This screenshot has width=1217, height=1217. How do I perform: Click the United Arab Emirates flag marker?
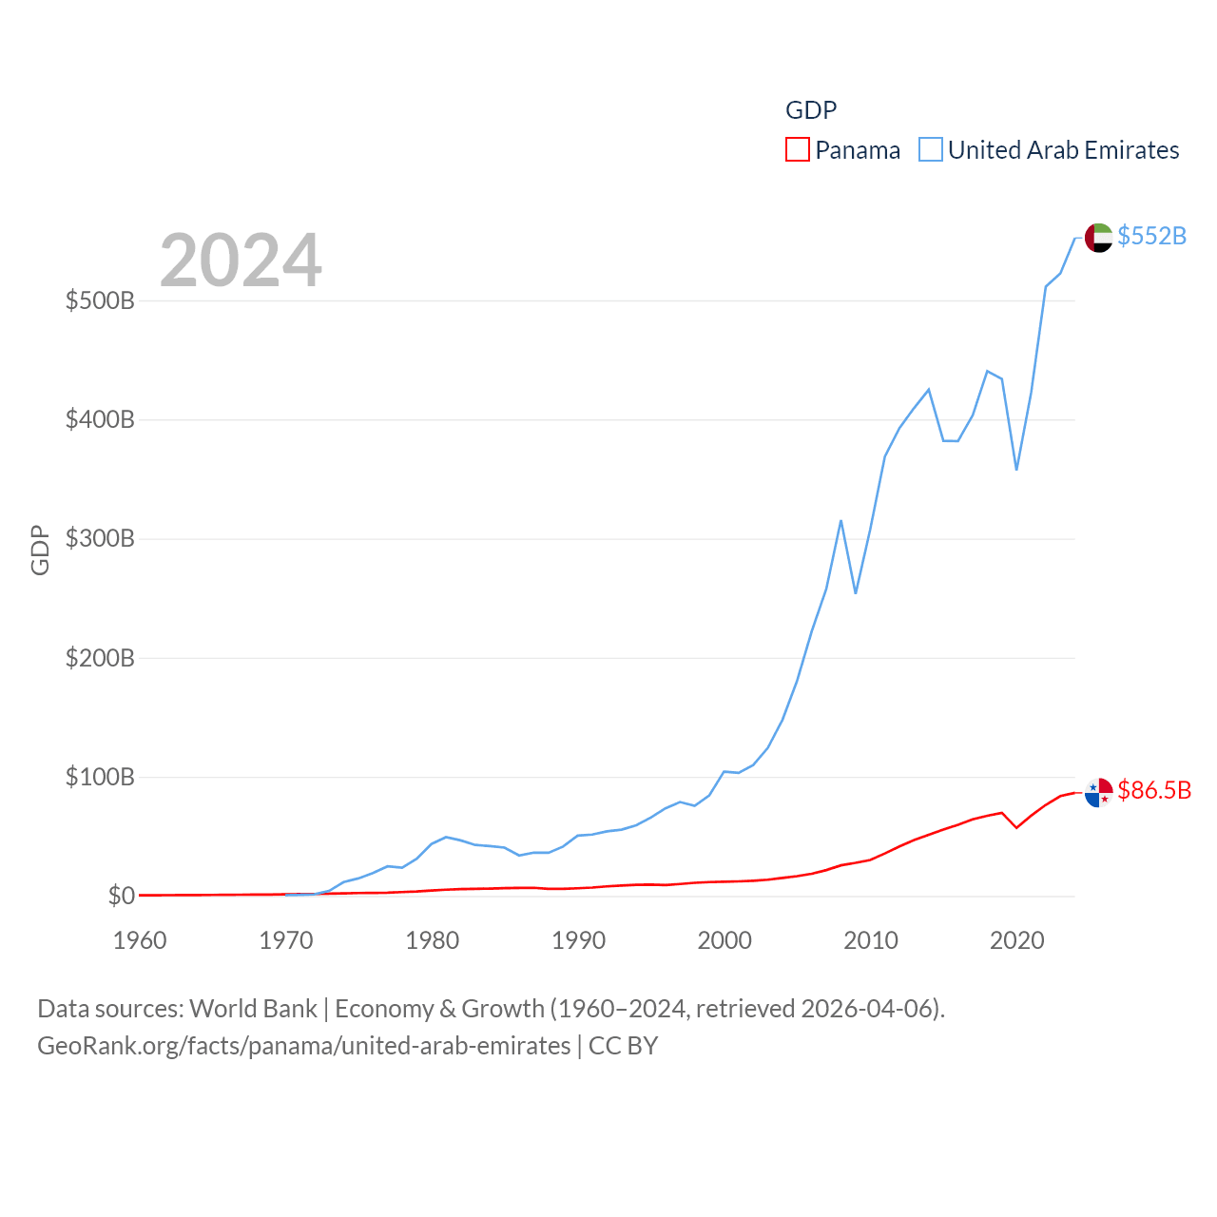pyautogui.click(x=1098, y=238)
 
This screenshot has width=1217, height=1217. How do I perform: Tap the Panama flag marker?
pyautogui.click(x=1098, y=792)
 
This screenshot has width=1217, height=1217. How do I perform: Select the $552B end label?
pyautogui.click(x=1151, y=236)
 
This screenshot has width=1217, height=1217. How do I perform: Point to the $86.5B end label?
pyautogui.click(x=1154, y=790)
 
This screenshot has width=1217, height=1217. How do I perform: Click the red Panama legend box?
pyautogui.click(x=798, y=150)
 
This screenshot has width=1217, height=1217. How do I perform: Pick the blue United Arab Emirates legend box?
pyautogui.click(x=931, y=150)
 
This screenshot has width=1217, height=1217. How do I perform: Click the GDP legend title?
pyautogui.click(x=811, y=110)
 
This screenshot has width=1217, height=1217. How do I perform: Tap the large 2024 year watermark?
pyautogui.click(x=241, y=261)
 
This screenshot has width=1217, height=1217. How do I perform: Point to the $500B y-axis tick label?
pyautogui.click(x=100, y=301)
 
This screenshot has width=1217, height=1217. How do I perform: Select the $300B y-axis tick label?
pyautogui.click(x=100, y=539)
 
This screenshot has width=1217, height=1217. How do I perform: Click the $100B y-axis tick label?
pyautogui.click(x=100, y=778)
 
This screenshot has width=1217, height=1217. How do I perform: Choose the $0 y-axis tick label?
pyautogui.click(x=121, y=896)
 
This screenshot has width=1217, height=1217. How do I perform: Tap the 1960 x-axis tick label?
pyautogui.click(x=140, y=940)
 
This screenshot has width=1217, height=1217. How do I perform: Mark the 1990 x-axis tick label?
pyautogui.click(x=578, y=940)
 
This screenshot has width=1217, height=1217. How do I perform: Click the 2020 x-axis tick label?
pyautogui.click(x=1016, y=940)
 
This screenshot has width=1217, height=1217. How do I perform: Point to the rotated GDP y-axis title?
pyautogui.click(x=40, y=550)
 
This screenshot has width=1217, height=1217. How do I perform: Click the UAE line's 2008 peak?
pyautogui.click(x=841, y=521)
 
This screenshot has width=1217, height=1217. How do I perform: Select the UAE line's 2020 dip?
pyautogui.click(x=1016, y=469)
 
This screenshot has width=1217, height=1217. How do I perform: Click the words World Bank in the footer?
pyautogui.click(x=253, y=1008)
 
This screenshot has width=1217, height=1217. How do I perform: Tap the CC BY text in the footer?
pyautogui.click(x=623, y=1046)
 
